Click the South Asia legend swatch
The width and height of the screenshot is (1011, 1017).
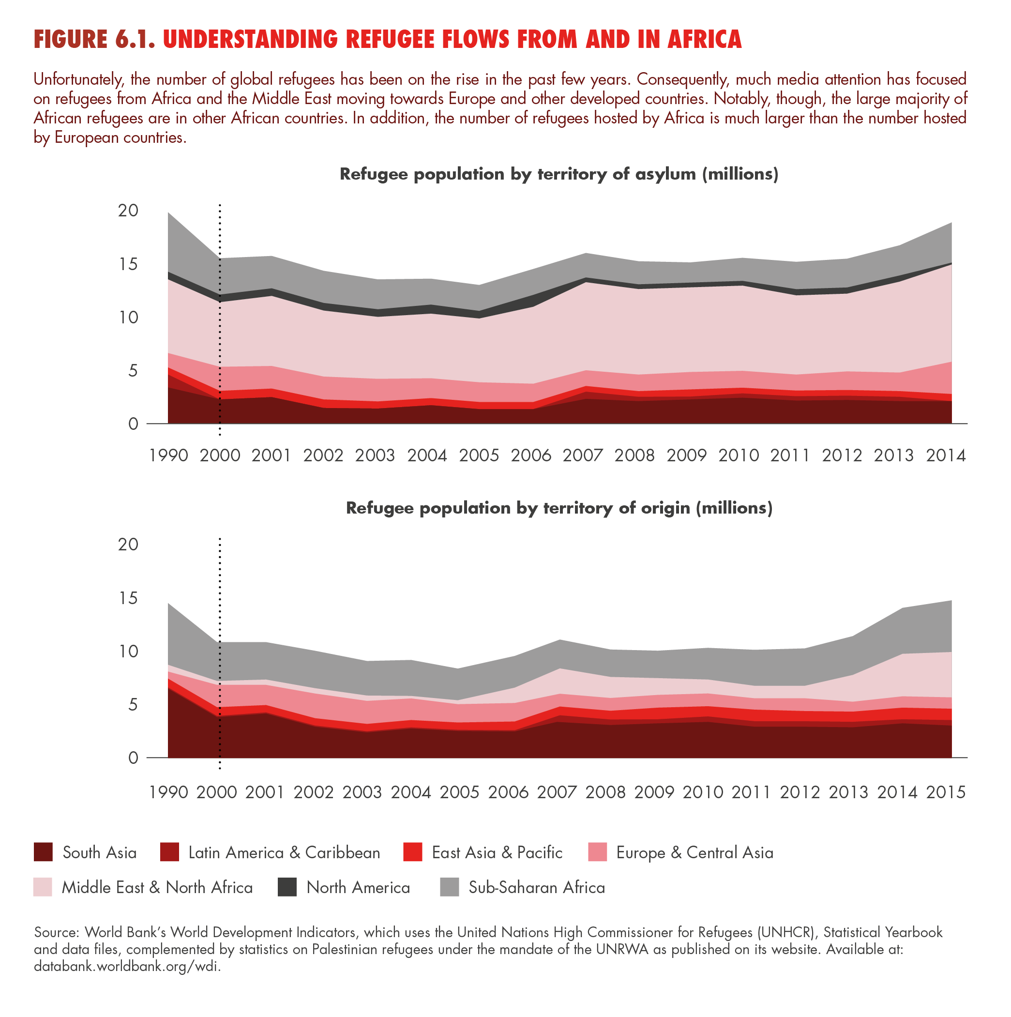coord(43,852)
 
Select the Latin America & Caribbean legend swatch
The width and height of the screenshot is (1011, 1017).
coord(169,852)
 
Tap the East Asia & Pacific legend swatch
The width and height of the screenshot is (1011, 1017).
coord(413,852)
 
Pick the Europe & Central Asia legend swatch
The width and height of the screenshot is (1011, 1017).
coord(597,852)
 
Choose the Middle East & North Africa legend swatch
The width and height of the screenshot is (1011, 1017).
coord(43,887)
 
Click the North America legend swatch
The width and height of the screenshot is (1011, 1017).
coord(287,887)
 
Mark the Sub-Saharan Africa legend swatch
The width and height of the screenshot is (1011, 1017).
coord(450,887)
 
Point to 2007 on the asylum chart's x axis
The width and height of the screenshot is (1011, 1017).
coord(583,455)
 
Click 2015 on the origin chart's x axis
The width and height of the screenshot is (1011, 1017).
coord(946,792)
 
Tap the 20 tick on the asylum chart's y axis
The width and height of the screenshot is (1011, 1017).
coord(128,211)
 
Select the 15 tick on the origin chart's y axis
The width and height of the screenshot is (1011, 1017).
coord(128,598)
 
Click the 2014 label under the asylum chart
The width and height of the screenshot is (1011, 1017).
coord(946,455)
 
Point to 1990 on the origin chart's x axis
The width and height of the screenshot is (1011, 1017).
coord(168,792)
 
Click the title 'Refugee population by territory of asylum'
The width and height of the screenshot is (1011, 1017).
coord(558,174)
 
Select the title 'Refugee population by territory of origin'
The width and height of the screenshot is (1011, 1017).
coord(559,508)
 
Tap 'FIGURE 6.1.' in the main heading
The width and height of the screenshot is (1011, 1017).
coord(95,40)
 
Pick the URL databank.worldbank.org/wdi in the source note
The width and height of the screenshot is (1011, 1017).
coord(127,967)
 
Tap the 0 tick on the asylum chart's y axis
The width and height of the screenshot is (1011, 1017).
coord(133,424)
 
